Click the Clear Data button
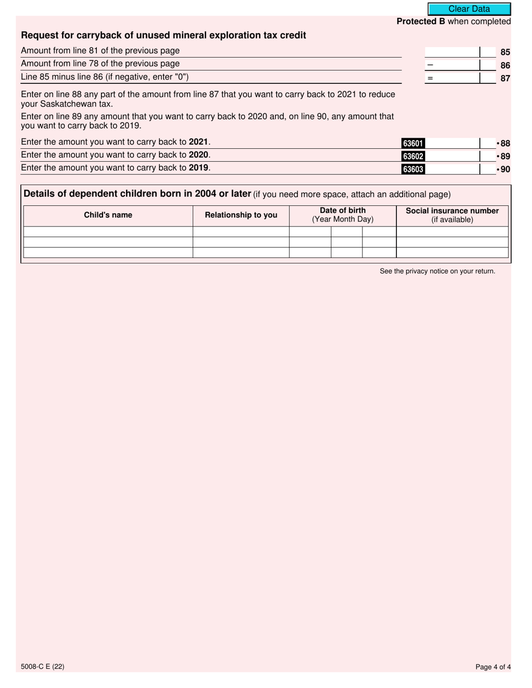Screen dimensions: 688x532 pyautogui.click(x=469, y=9)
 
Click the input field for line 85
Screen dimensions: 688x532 pyautogui.click(x=452, y=52)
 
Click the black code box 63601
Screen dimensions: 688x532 pyautogui.click(x=413, y=144)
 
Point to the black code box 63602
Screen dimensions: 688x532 pyautogui.click(x=413, y=157)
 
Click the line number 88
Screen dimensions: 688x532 pyautogui.click(x=505, y=144)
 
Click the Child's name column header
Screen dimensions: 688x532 pyautogui.click(x=108, y=215)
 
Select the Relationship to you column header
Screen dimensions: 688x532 pyautogui.click(x=241, y=215)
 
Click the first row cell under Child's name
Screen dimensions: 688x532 pyautogui.click(x=108, y=232)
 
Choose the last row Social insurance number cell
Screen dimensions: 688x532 pyautogui.click(x=452, y=253)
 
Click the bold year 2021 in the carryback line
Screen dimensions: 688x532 pyautogui.click(x=198, y=142)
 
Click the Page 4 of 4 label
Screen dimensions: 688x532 pyautogui.click(x=493, y=666)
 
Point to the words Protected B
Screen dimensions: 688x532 pyautogui.click(x=417, y=21)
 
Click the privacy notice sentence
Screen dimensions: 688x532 pyautogui.click(x=437, y=271)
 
